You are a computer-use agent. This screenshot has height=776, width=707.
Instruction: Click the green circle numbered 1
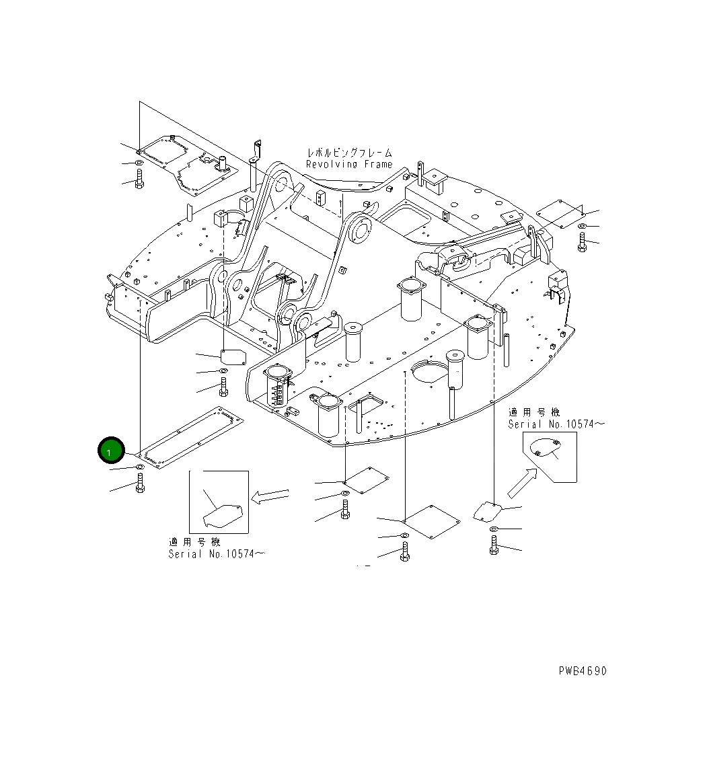[x=111, y=451]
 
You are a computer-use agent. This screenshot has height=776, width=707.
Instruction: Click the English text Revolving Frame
[x=348, y=164]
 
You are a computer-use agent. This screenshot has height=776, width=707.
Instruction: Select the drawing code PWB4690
[x=582, y=671]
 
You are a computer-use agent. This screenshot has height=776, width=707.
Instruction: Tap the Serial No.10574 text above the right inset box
[x=556, y=424]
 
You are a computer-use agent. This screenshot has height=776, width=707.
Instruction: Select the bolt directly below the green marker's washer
[x=140, y=483]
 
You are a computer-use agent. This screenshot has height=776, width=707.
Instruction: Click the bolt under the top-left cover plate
[x=139, y=180]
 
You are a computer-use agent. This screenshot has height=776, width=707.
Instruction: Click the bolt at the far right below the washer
[x=583, y=242]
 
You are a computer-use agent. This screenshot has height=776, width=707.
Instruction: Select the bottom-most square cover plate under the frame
[x=430, y=521]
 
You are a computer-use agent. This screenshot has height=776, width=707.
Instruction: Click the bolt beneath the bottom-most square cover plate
[x=404, y=551]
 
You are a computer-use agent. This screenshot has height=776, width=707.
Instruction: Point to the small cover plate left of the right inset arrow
[x=488, y=510]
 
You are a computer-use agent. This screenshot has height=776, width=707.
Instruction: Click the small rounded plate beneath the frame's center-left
[x=233, y=357]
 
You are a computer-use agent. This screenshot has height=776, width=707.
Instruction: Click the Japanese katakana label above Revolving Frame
[x=349, y=153]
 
